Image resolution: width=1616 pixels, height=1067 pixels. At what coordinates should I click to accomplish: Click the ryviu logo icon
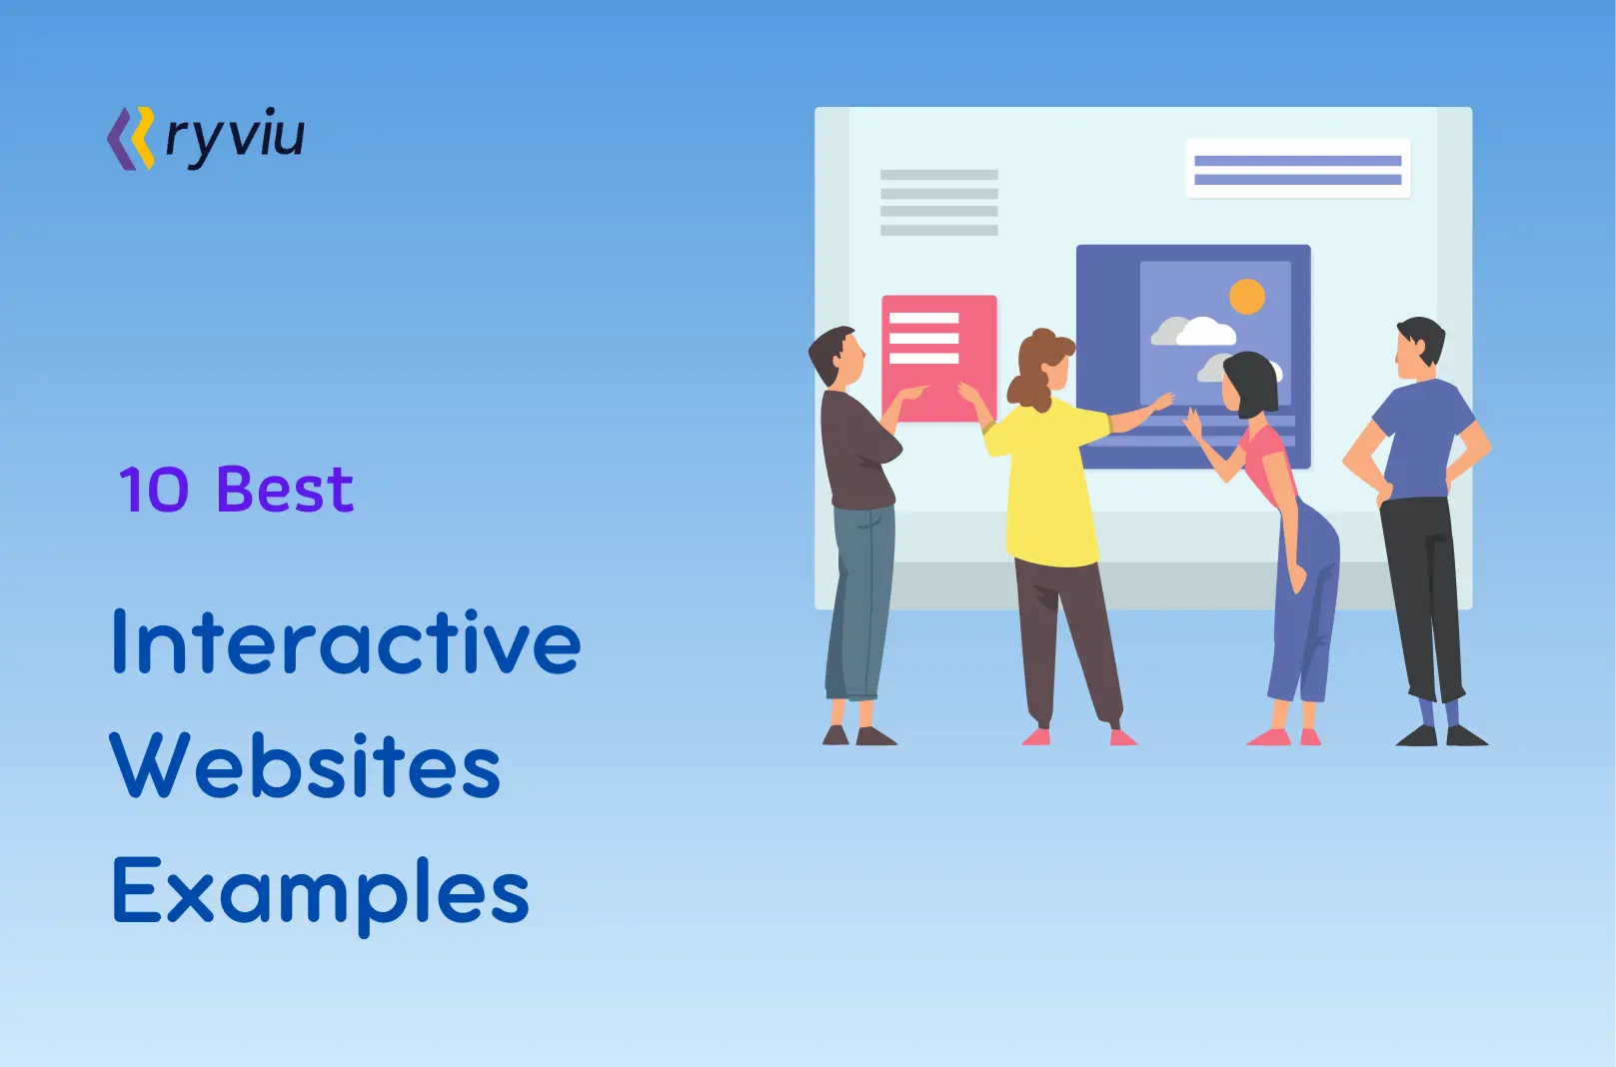click(131, 139)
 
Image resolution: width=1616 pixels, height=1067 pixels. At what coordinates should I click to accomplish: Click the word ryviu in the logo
click(235, 138)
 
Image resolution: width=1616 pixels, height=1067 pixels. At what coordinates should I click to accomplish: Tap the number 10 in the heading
click(153, 490)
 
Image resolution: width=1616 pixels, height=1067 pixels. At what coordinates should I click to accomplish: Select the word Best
click(285, 490)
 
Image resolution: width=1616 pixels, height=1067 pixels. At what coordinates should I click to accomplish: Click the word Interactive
click(346, 642)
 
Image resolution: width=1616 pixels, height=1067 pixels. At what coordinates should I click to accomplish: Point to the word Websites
click(305, 766)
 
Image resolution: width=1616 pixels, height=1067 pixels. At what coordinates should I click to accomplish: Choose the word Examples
click(320, 891)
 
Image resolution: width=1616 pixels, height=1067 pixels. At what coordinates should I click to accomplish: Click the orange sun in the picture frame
click(1246, 296)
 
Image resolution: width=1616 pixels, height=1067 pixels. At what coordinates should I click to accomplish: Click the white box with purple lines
click(1297, 169)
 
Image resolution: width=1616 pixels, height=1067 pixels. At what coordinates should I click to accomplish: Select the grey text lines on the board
click(938, 203)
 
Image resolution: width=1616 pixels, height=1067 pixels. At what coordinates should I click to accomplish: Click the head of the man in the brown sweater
click(837, 356)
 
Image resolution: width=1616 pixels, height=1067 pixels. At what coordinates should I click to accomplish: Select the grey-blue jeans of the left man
click(860, 599)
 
